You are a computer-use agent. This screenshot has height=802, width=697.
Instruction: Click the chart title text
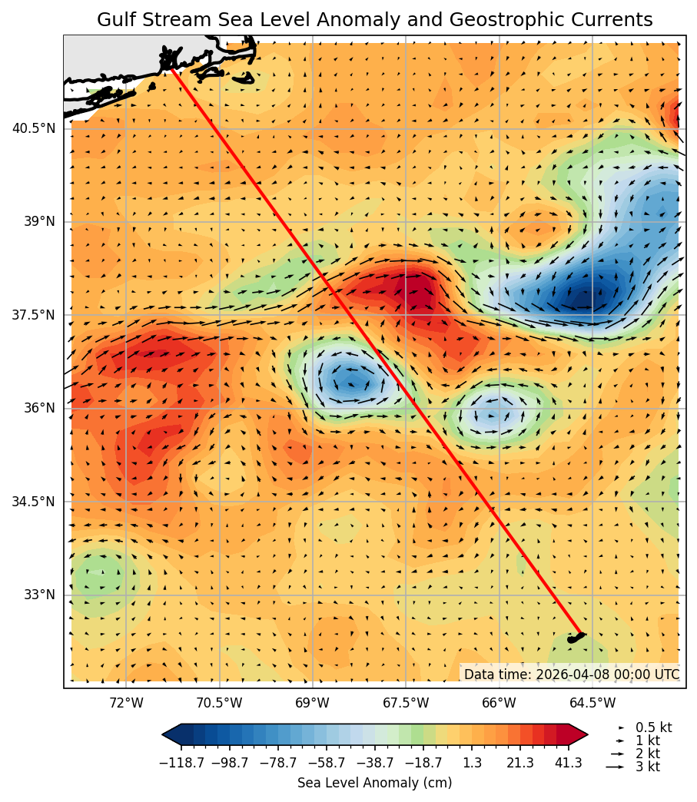374,20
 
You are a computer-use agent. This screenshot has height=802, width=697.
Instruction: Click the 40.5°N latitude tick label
33,128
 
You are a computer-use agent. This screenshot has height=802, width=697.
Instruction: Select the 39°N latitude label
39,221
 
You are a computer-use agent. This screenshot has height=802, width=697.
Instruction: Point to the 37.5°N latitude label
33,315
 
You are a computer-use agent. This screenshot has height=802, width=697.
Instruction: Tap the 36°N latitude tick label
39,408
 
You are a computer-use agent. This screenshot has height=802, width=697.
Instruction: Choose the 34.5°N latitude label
33,502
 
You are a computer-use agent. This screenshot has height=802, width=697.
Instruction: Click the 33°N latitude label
39,595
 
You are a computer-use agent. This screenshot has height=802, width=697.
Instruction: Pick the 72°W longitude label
126,702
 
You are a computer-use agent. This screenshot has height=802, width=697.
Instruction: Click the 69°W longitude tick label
312,702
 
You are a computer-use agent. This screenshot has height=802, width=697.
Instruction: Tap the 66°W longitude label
499,702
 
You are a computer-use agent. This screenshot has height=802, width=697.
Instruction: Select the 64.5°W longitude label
592,702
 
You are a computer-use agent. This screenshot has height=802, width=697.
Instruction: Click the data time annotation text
572,674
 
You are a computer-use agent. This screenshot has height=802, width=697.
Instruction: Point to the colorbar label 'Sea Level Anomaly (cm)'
374,783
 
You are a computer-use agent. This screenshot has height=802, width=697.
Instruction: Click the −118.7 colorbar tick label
181,763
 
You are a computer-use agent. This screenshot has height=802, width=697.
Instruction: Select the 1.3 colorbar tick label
472,763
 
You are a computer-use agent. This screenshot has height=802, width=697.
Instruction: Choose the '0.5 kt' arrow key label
653,727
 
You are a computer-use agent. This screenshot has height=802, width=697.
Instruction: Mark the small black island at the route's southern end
575,638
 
